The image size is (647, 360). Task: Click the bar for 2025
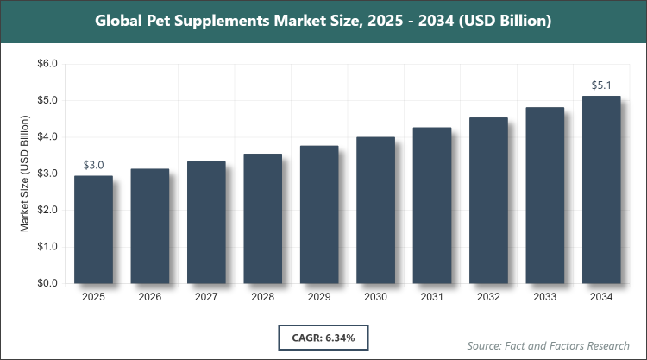point(93,229)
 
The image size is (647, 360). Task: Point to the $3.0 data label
point(93,165)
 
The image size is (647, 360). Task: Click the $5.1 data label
point(601,85)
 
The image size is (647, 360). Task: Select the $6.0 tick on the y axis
point(46,64)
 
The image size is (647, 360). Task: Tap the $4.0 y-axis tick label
point(46,137)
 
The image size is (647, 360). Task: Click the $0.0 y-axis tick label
point(46,283)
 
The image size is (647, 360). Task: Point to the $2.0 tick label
point(46,210)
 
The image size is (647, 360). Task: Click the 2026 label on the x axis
point(149,298)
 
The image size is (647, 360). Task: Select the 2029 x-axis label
point(319,298)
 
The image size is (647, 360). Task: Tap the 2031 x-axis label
point(432,298)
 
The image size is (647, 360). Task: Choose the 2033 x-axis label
point(545,298)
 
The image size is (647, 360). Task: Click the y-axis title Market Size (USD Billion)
point(25,174)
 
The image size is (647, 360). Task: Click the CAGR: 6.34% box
point(323,336)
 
